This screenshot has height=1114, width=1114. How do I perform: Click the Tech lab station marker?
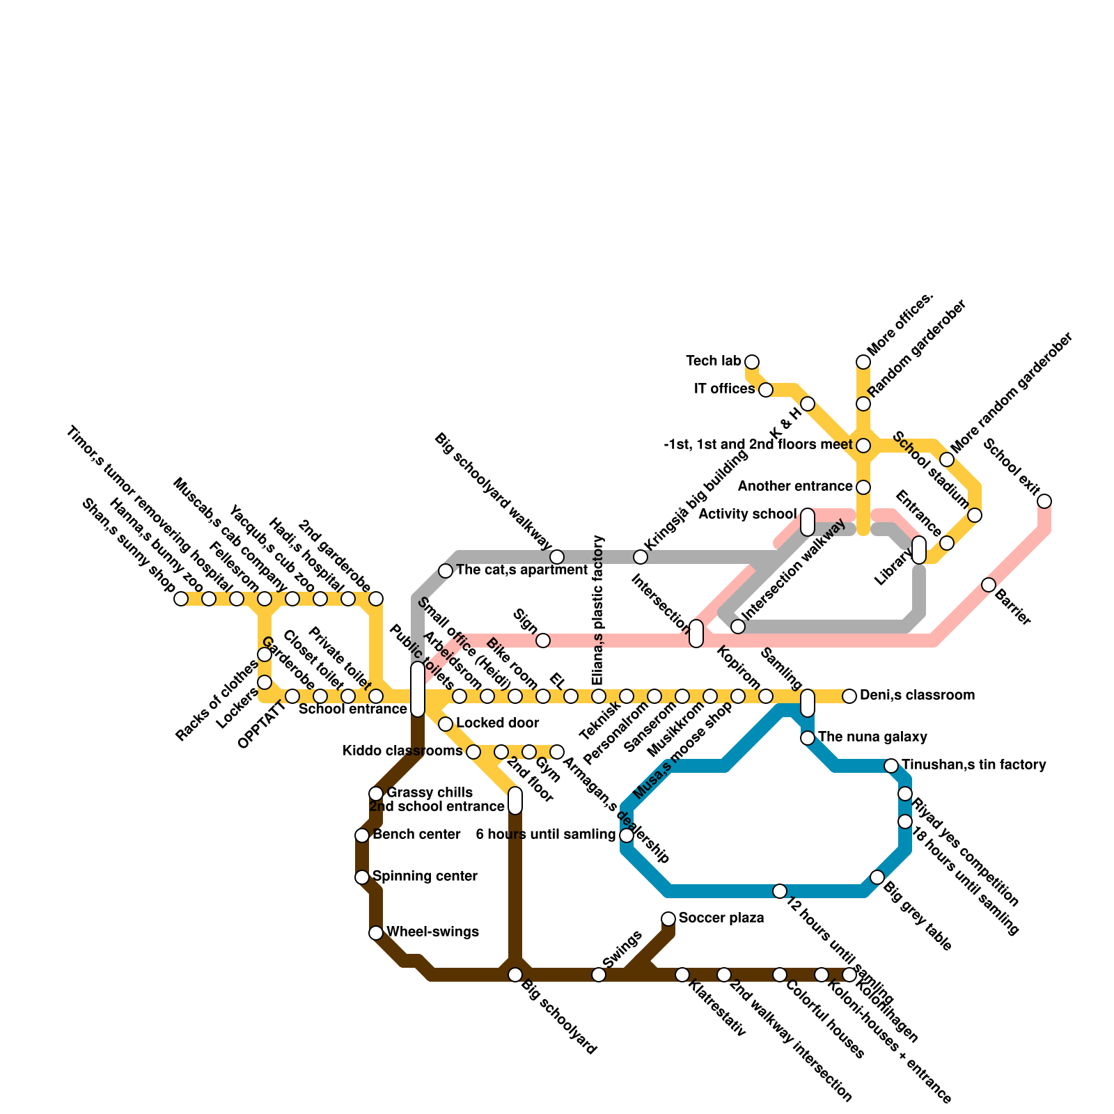click(752, 361)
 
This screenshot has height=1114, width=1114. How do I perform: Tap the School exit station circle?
click(1044, 501)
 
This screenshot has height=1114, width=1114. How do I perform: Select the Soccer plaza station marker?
click(668, 919)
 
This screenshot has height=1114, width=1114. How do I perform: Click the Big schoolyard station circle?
click(515, 975)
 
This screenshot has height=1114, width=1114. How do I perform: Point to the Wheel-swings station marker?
click(376, 933)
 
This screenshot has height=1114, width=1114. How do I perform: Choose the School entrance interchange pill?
click(418, 689)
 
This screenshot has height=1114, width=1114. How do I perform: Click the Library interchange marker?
click(919, 550)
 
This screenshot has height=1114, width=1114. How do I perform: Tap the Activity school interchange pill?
click(808, 522)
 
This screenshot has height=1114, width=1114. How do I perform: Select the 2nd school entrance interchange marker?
click(515, 801)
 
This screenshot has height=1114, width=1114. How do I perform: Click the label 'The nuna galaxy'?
click(872, 737)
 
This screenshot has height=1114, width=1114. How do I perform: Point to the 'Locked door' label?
click(498, 723)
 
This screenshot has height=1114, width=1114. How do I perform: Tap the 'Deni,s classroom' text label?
click(917, 696)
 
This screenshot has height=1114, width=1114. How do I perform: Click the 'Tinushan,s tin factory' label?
click(974, 765)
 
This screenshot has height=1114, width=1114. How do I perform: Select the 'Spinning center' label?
click(425, 876)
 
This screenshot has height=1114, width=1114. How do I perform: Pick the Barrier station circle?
click(989, 585)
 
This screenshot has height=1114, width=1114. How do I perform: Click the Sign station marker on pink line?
click(543, 641)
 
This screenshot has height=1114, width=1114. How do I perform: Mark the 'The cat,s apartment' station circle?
click(446, 571)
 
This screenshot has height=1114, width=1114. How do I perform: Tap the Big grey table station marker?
click(877, 877)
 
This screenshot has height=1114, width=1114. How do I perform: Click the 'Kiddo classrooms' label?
click(402, 751)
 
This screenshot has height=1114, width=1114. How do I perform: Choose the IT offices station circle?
click(766, 390)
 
